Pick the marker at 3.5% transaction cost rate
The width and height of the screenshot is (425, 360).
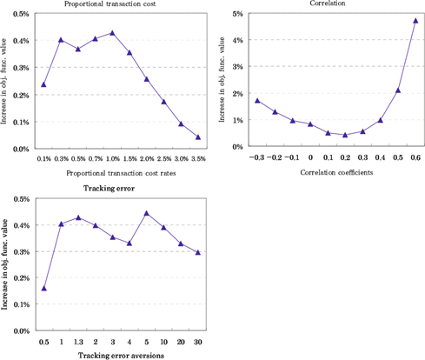pos(198,137)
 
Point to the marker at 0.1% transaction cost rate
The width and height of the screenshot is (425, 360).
pos(43,84)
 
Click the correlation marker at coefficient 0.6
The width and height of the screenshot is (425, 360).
pos(415,20)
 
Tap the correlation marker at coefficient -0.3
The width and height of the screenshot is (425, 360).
pos(257,100)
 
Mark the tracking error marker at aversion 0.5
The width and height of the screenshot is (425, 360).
pos(43,288)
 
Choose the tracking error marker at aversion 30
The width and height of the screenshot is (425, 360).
pos(197,252)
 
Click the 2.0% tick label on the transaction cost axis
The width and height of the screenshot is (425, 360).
pos(147,159)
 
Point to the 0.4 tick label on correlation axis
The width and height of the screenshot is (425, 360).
pos(380,158)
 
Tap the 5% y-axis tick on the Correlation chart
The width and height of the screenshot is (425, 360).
pos(236,14)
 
